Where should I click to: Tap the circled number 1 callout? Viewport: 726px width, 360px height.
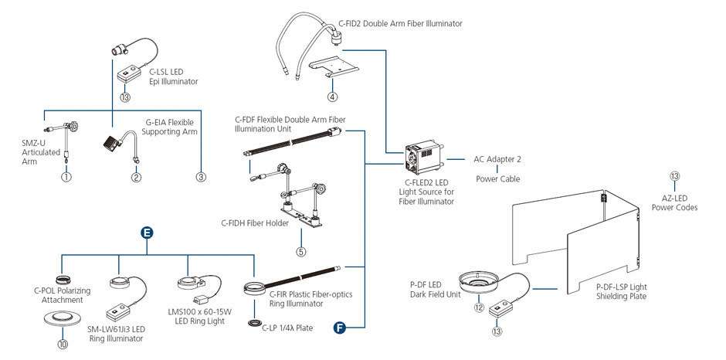[x=67, y=177]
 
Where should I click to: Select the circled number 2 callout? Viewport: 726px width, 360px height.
[x=136, y=177]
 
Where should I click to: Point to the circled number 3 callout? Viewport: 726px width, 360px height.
[x=201, y=177]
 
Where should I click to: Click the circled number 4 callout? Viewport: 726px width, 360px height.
[x=331, y=97]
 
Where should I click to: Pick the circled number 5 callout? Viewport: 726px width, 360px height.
[x=301, y=250]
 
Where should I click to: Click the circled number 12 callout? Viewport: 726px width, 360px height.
[x=478, y=307]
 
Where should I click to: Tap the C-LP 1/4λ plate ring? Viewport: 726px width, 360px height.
[x=253, y=321]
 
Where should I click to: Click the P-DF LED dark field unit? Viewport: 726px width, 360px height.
[x=479, y=283]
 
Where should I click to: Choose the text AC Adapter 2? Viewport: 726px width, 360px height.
[x=497, y=159]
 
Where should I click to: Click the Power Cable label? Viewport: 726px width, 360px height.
[x=497, y=178]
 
